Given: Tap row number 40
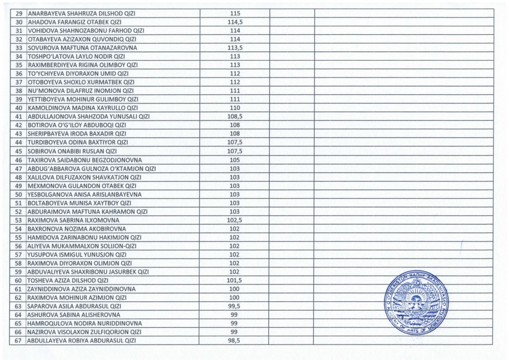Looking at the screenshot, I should (19, 108).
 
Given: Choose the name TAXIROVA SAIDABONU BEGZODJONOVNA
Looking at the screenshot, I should (85, 160).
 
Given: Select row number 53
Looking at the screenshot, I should (19, 220).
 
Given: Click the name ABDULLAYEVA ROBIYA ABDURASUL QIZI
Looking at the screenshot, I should (82, 341).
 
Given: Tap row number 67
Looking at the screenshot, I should (19, 341).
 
